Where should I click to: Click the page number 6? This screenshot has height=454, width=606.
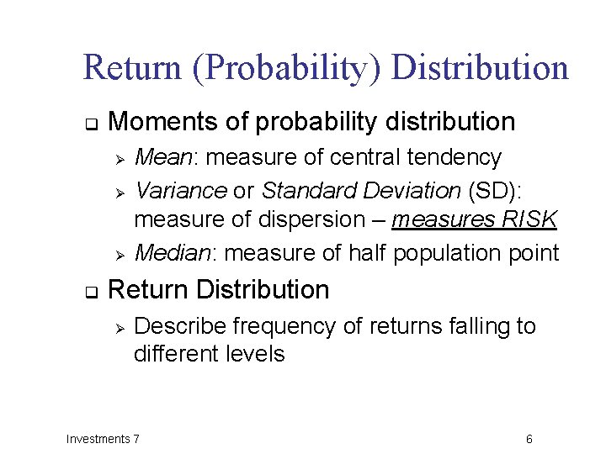point(529,439)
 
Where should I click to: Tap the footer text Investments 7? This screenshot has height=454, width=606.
point(104,438)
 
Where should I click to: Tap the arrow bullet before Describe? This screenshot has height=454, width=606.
point(120,327)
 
